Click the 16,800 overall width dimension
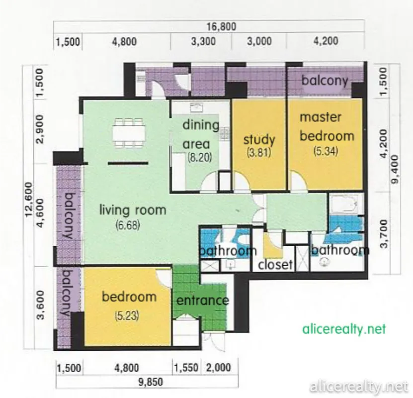[221, 26]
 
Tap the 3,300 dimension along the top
[203, 41]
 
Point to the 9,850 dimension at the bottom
[151, 382]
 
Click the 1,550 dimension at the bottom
[186, 368]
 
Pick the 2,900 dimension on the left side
[40, 129]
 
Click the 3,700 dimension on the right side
[384, 234]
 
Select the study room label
[259, 139]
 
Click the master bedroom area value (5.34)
[326, 151]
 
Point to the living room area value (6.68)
[128, 225]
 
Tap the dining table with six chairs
[129, 132]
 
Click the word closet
[275, 265]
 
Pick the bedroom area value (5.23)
[127, 316]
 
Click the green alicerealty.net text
[344, 329]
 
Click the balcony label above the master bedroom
[325, 81]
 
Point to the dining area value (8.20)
[200, 158]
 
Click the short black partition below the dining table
[128, 163]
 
